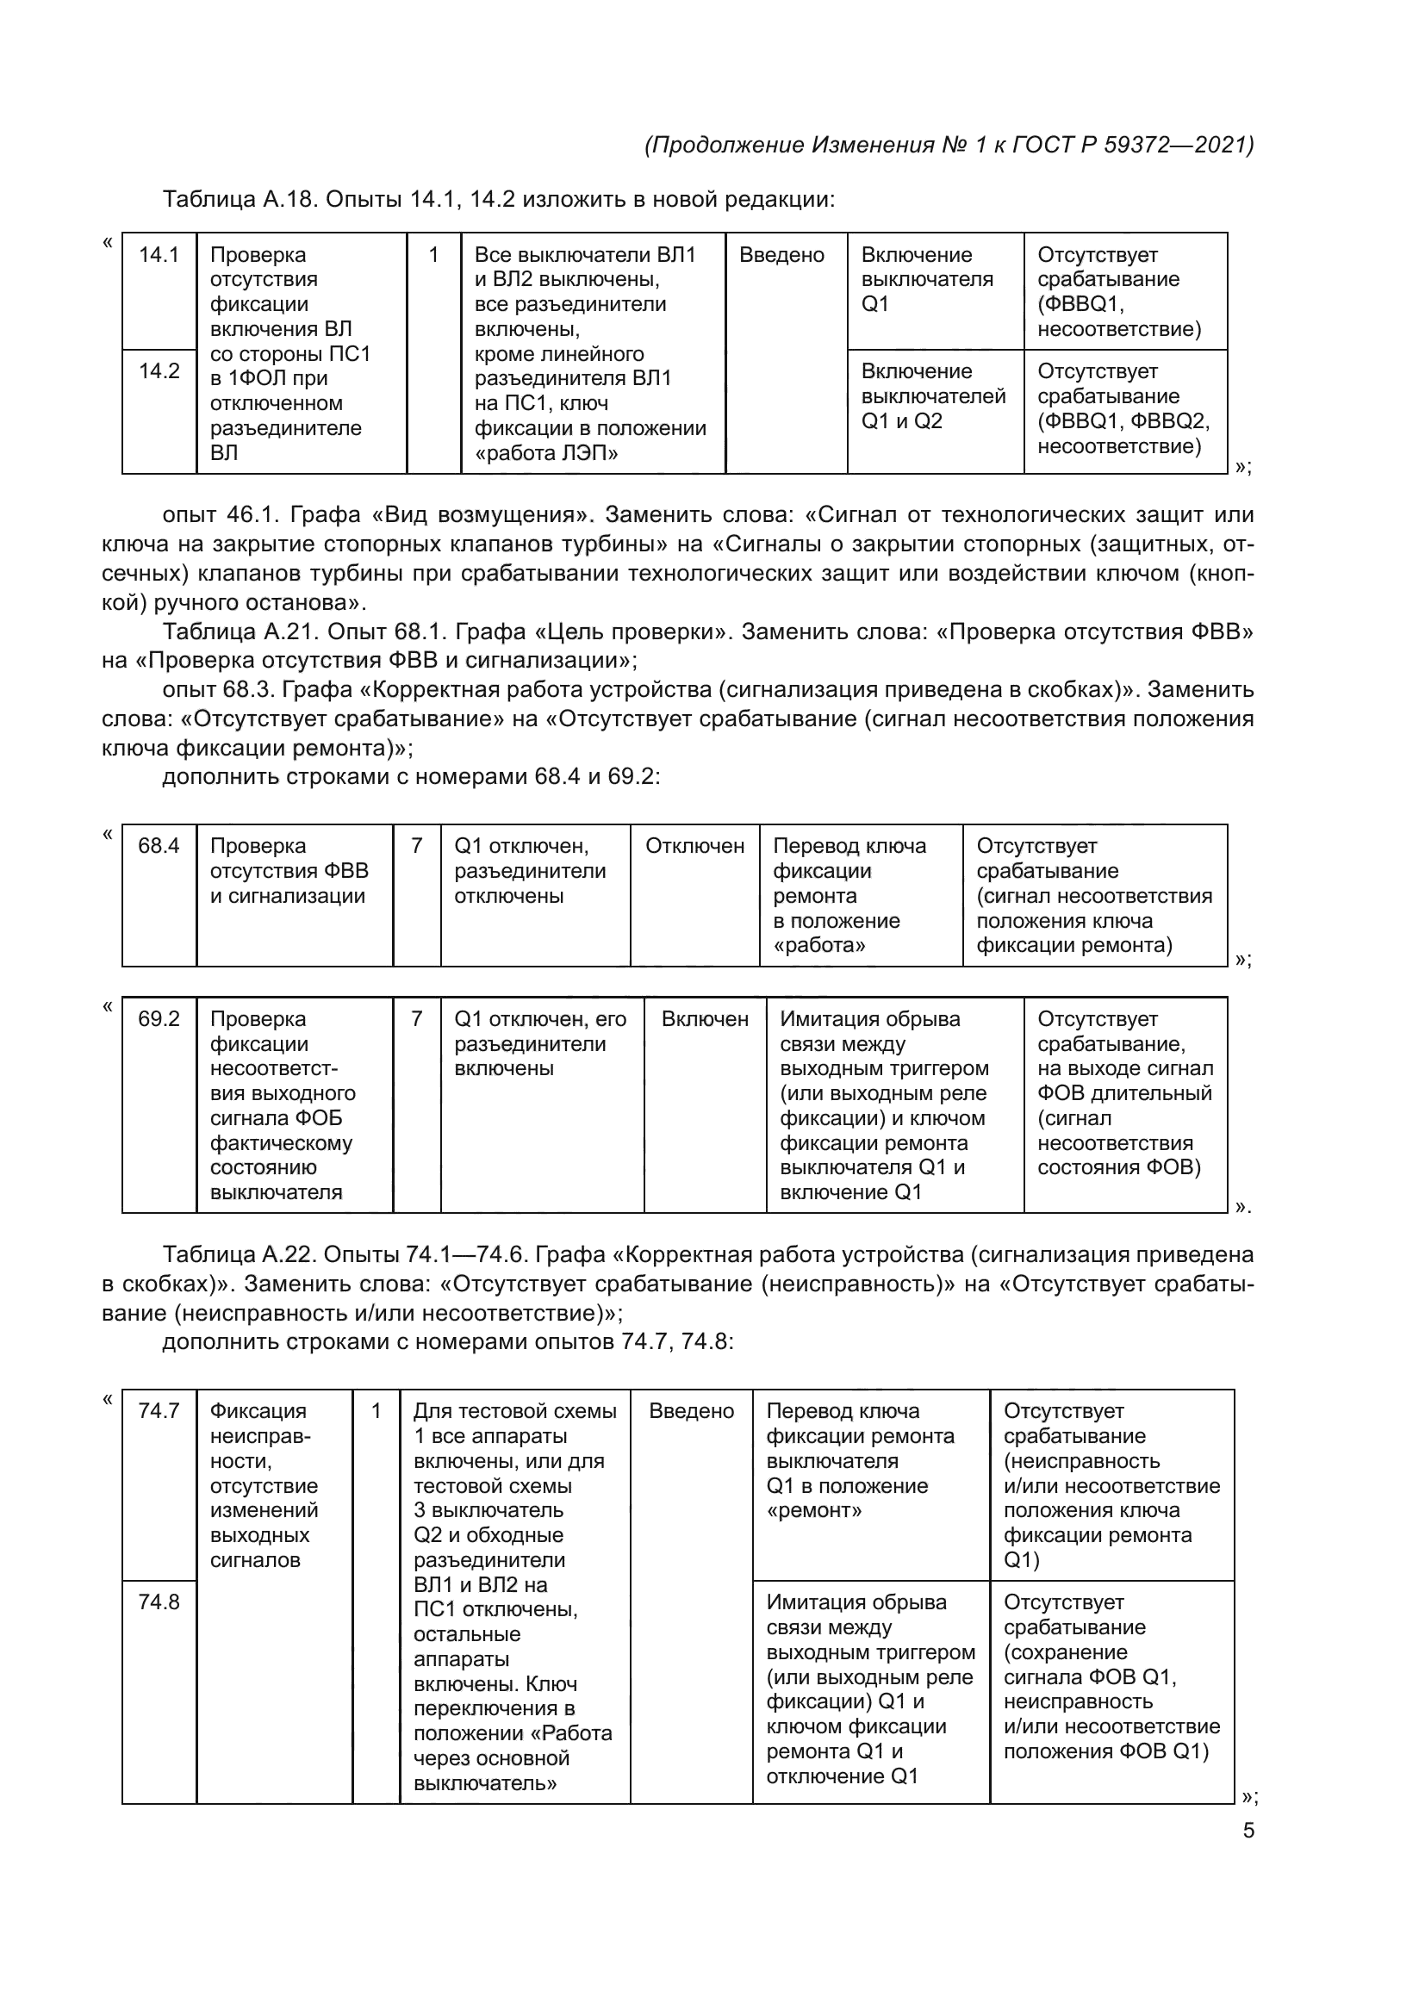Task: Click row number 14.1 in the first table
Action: click(x=159, y=254)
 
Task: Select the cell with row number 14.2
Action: click(x=159, y=371)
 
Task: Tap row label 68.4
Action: click(x=159, y=846)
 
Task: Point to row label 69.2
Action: click(x=159, y=1019)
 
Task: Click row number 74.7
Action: click(x=159, y=1411)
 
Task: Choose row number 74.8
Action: click(x=159, y=1602)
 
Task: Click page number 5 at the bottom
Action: click(x=1248, y=1831)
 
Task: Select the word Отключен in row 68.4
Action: click(x=695, y=846)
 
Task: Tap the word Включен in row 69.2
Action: click(x=705, y=1019)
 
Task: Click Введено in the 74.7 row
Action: click(x=692, y=1411)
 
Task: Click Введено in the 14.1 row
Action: click(x=781, y=254)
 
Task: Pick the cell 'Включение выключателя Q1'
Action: click(x=927, y=279)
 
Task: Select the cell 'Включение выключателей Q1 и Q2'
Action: click(x=933, y=395)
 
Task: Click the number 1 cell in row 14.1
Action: click(x=433, y=254)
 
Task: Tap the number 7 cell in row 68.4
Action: click(x=417, y=846)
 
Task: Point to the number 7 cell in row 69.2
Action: click(x=417, y=1019)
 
